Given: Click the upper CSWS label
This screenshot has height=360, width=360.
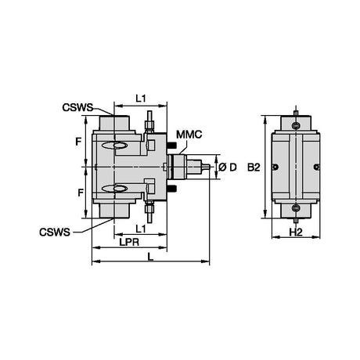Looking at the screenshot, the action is (77, 107).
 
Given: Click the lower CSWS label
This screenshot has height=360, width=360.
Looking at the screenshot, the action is (55, 232).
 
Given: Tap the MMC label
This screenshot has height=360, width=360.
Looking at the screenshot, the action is (189, 135).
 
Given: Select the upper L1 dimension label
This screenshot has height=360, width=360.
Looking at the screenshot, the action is (141, 99).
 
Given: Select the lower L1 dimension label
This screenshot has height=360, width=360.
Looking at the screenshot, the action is (141, 229).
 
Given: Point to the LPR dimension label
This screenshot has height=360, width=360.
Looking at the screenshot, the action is (129, 243).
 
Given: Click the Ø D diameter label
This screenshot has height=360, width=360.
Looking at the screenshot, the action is (228, 167).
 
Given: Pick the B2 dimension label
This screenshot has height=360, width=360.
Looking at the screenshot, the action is (254, 167).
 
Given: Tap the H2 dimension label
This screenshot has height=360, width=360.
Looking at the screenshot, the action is (296, 232).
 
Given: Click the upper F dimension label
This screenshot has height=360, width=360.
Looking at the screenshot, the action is (78, 142).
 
